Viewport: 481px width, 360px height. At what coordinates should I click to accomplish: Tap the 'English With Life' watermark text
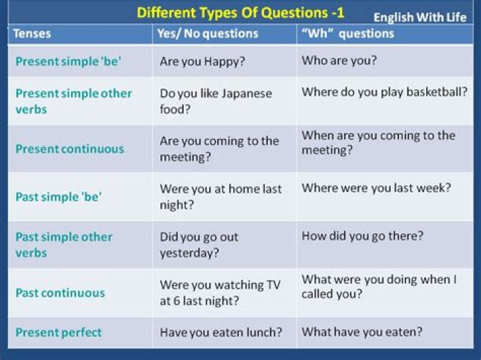(x=420, y=17)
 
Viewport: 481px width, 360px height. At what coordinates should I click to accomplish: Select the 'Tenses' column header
(x=32, y=33)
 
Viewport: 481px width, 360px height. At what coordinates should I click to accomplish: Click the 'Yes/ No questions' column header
(x=208, y=33)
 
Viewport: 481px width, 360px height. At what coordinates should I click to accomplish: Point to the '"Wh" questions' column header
(x=347, y=33)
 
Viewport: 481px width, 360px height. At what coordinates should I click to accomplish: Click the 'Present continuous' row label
(x=69, y=149)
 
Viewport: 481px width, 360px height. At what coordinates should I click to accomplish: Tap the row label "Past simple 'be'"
(x=57, y=197)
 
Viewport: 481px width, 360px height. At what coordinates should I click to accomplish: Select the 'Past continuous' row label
(x=60, y=293)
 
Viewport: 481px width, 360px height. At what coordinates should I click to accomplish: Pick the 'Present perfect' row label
(x=59, y=332)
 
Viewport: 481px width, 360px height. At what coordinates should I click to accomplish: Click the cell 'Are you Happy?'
(x=201, y=61)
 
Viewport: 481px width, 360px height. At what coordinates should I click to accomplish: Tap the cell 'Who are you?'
(x=339, y=61)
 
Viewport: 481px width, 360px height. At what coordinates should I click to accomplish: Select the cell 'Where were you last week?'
(x=376, y=188)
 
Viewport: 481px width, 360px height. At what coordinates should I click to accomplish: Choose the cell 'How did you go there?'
(x=363, y=236)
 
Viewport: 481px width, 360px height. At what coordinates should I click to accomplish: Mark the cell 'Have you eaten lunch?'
(x=220, y=332)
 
